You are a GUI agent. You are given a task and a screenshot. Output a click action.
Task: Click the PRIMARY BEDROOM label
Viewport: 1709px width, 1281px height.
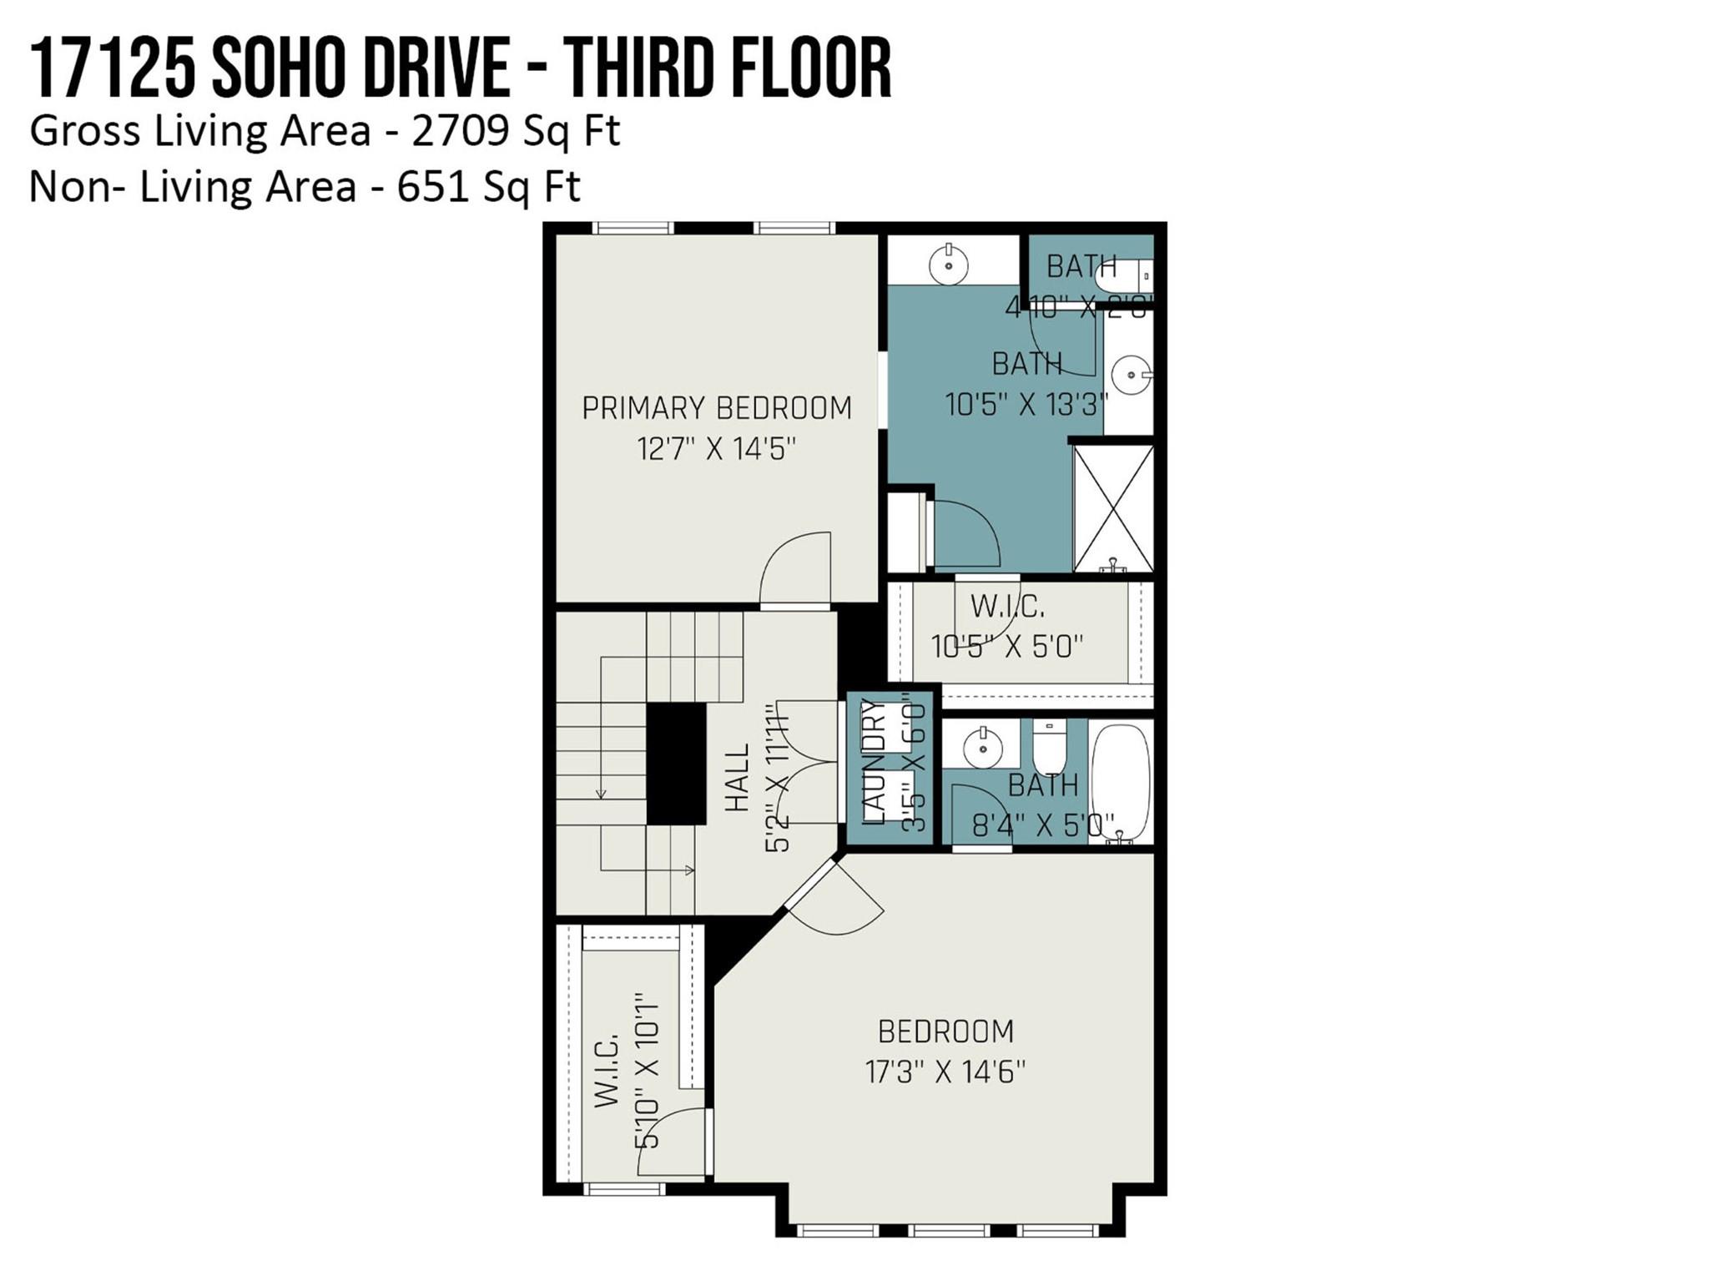point(716,408)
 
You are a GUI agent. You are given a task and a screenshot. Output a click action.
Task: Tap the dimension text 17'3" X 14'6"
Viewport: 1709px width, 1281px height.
point(945,1072)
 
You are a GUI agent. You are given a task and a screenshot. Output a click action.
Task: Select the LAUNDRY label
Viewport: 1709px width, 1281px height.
point(873,763)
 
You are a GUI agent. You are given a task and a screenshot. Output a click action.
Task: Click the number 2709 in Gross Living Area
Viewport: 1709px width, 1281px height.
point(459,132)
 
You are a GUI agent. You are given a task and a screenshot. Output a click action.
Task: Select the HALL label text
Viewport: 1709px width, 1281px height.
point(737,777)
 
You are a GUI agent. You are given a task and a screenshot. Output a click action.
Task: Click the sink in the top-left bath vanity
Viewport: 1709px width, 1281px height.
point(949,265)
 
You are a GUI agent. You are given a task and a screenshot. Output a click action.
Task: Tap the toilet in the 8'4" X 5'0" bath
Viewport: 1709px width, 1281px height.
point(1048,748)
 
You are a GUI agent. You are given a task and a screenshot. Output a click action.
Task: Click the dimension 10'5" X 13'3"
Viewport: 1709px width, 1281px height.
point(1026,405)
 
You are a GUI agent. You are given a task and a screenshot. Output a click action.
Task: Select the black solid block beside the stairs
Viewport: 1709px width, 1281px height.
point(676,764)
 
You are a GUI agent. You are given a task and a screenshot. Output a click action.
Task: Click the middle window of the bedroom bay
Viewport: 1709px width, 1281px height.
point(949,1229)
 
